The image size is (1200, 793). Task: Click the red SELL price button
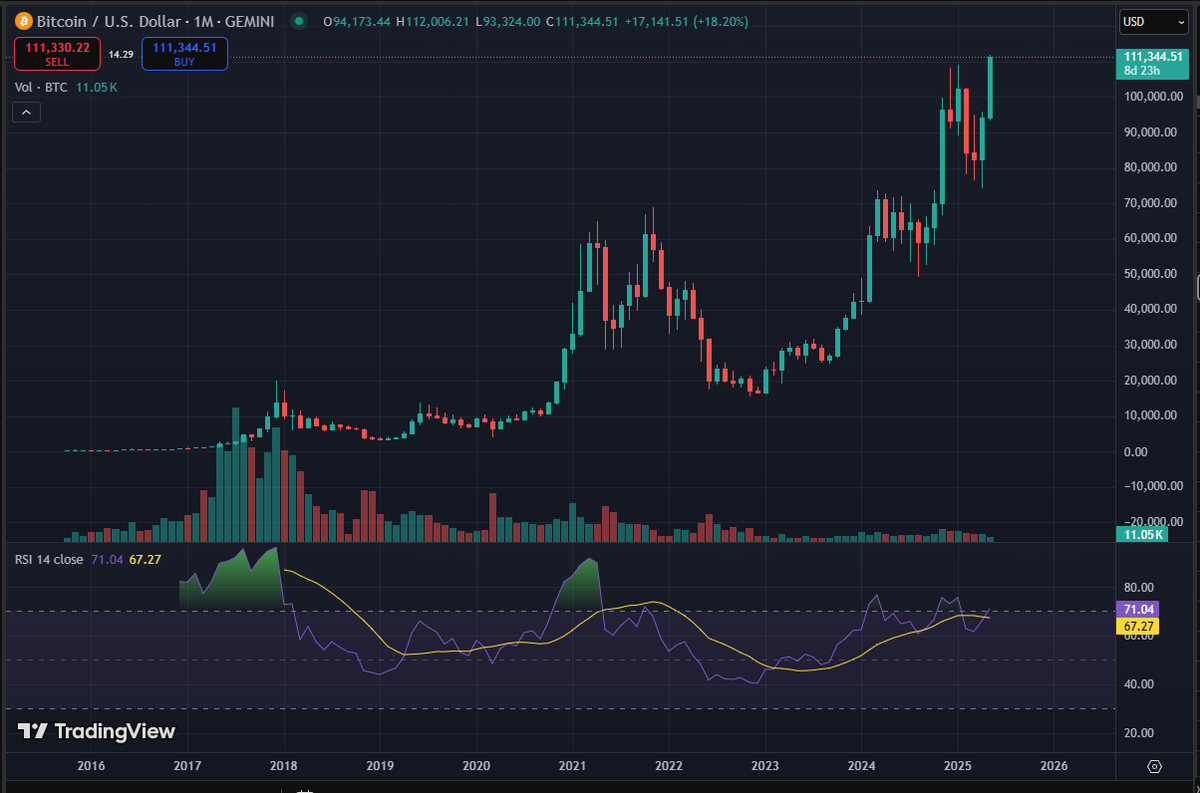[x=56, y=53]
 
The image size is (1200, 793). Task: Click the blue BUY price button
[x=184, y=53]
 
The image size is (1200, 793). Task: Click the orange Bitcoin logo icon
[x=21, y=20]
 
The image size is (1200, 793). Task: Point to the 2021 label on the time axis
[x=572, y=766]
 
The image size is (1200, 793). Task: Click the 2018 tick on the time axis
[x=283, y=766]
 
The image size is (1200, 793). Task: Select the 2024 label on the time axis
[x=862, y=766]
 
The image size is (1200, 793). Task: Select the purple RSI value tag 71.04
[x=1139, y=609]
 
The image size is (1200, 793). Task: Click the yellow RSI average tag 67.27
[x=1139, y=625]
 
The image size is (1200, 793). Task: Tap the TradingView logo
[x=97, y=731]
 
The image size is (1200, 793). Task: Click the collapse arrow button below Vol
[x=26, y=113]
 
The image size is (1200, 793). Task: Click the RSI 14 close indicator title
[x=49, y=559]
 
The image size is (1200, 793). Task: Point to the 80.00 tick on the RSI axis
[x=1138, y=587]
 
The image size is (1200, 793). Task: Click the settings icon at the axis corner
[x=1155, y=766]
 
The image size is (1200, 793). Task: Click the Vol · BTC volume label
[x=42, y=87]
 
